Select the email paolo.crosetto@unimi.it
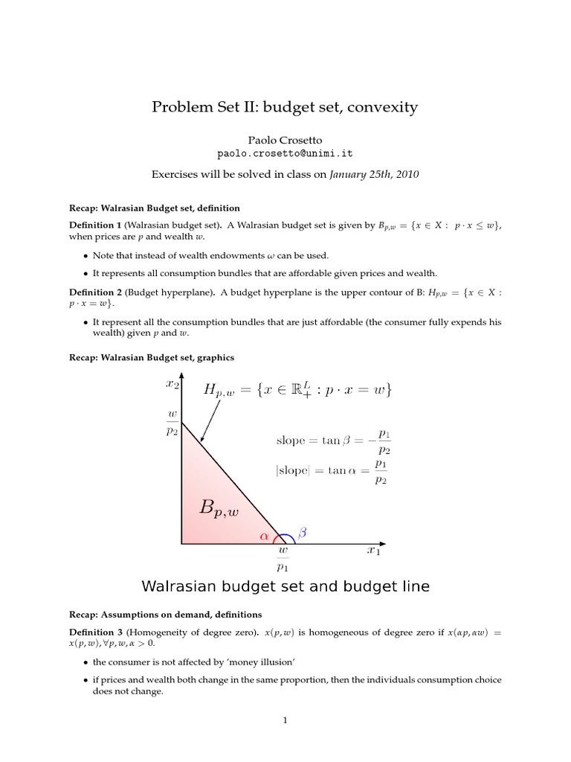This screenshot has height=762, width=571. pyautogui.click(x=285, y=153)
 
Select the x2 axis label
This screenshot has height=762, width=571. pyautogui.click(x=172, y=384)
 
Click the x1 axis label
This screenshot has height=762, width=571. pyautogui.click(x=374, y=551)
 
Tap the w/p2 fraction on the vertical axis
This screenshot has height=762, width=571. pyautogui.click(x=172, y=423)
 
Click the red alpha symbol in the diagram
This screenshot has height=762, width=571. pyautogui.click(x=264, y=535)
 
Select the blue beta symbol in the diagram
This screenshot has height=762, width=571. pyautogui.click(x=302, y=532)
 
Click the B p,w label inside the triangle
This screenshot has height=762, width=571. pyautogui.click(x=219, y=509)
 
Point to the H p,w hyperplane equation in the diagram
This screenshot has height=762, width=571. pyautogui.click(x=297, y=390)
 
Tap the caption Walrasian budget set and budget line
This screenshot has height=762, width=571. pyautogui.click(x=285, y=586)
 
